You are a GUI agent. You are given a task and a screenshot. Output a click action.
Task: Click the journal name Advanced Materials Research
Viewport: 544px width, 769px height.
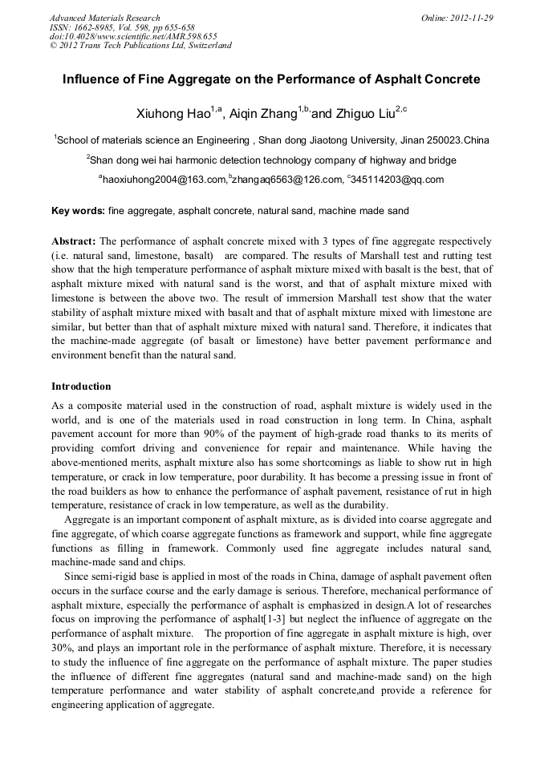click(x=105, y=18)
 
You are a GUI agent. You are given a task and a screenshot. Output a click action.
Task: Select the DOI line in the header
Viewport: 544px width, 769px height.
click(x=133, y=36)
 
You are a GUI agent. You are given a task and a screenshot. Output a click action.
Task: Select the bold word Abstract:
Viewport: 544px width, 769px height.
click(x=74, y=241)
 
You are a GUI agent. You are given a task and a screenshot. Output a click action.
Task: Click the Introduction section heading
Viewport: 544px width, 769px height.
click(x=81, y=387)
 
